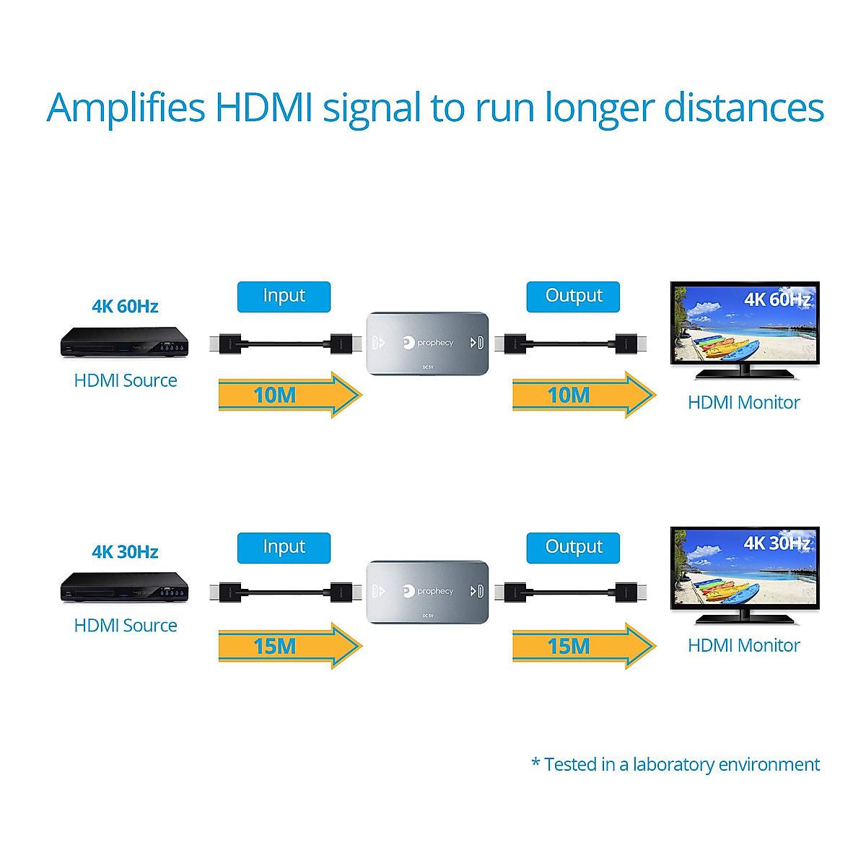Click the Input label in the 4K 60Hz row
coord(284,297)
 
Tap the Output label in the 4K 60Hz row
coord(573,297)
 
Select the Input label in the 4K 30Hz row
coord(284,548)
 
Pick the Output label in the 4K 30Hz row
coord(573,548)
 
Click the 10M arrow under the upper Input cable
coord(289,395)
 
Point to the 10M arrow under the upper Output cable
coord(583,395)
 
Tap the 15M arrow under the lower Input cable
coord(289,646)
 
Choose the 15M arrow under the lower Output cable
coord(583,646)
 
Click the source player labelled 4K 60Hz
coord(124,342)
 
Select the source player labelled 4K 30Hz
coord(124,587)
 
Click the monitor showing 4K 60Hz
coord(745,329)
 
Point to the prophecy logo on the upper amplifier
coord(428,342)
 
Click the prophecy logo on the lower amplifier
coord(428,591)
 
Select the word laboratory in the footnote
coord(674,764)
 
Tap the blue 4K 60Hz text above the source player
coord(125,307)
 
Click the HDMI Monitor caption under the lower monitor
coord(743,645)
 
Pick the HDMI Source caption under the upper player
coord(126,380)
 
